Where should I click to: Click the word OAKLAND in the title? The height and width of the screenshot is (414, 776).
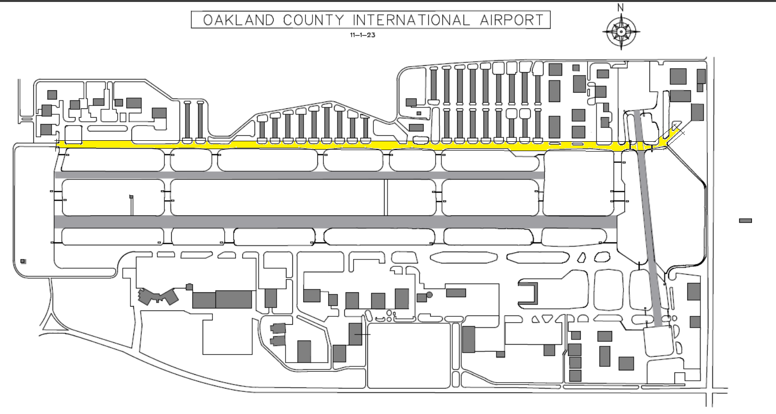click(239, 20)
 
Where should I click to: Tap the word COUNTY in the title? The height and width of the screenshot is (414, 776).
click(313, 20)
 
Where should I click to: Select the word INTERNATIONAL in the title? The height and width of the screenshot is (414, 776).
click(412, 20)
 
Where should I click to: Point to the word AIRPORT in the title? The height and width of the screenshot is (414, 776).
click(512, 20)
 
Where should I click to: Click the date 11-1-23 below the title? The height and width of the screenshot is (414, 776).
click(362, 35)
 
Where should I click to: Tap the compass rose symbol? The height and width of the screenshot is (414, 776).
click(621, 32)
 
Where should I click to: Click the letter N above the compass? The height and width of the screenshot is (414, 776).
click(621, 8)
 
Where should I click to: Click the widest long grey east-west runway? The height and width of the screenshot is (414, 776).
click(336, 222)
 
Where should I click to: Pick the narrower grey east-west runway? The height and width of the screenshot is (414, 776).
click(299, 175)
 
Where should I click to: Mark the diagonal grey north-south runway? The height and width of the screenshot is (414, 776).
click(650, 218)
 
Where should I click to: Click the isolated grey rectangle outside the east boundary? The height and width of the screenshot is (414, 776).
click(746, 221)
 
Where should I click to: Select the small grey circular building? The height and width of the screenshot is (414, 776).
click(429, 295)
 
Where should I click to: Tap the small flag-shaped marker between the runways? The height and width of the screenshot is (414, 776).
click(131, 197)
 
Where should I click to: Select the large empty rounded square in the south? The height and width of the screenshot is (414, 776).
click(409, 356)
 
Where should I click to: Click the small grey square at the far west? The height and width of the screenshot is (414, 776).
click(23, 261)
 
